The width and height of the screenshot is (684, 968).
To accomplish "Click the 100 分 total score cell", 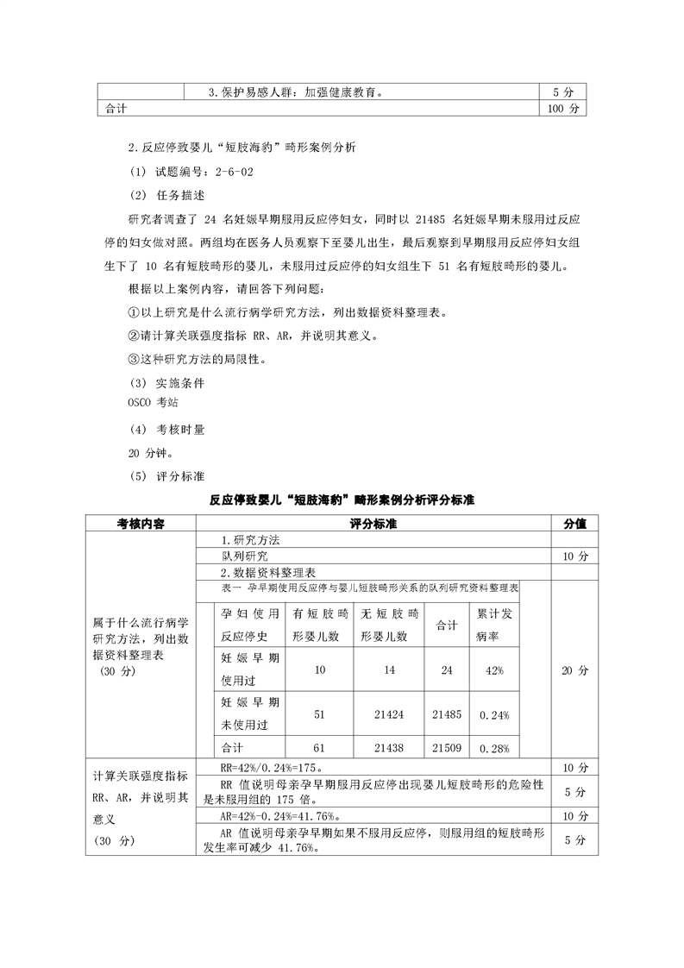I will (x=567, y=110).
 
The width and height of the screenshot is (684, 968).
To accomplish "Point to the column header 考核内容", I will (x=141, y=524).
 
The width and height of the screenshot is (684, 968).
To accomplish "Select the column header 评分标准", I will (x=373, y=524).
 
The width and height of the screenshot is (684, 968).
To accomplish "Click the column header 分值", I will (x=574, y=524).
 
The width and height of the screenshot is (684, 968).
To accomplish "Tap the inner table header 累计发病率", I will (x=494, y=625).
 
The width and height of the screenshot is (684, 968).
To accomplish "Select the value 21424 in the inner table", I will (x=389, y=714).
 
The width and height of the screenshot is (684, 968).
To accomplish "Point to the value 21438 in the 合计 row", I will (x=389, y=747).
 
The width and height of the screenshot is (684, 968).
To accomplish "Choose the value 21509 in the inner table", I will (x=447, y=747).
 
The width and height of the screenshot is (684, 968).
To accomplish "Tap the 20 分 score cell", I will (x=574, y=669).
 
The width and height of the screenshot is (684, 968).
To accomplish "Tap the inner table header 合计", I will (x=447, y=625).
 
